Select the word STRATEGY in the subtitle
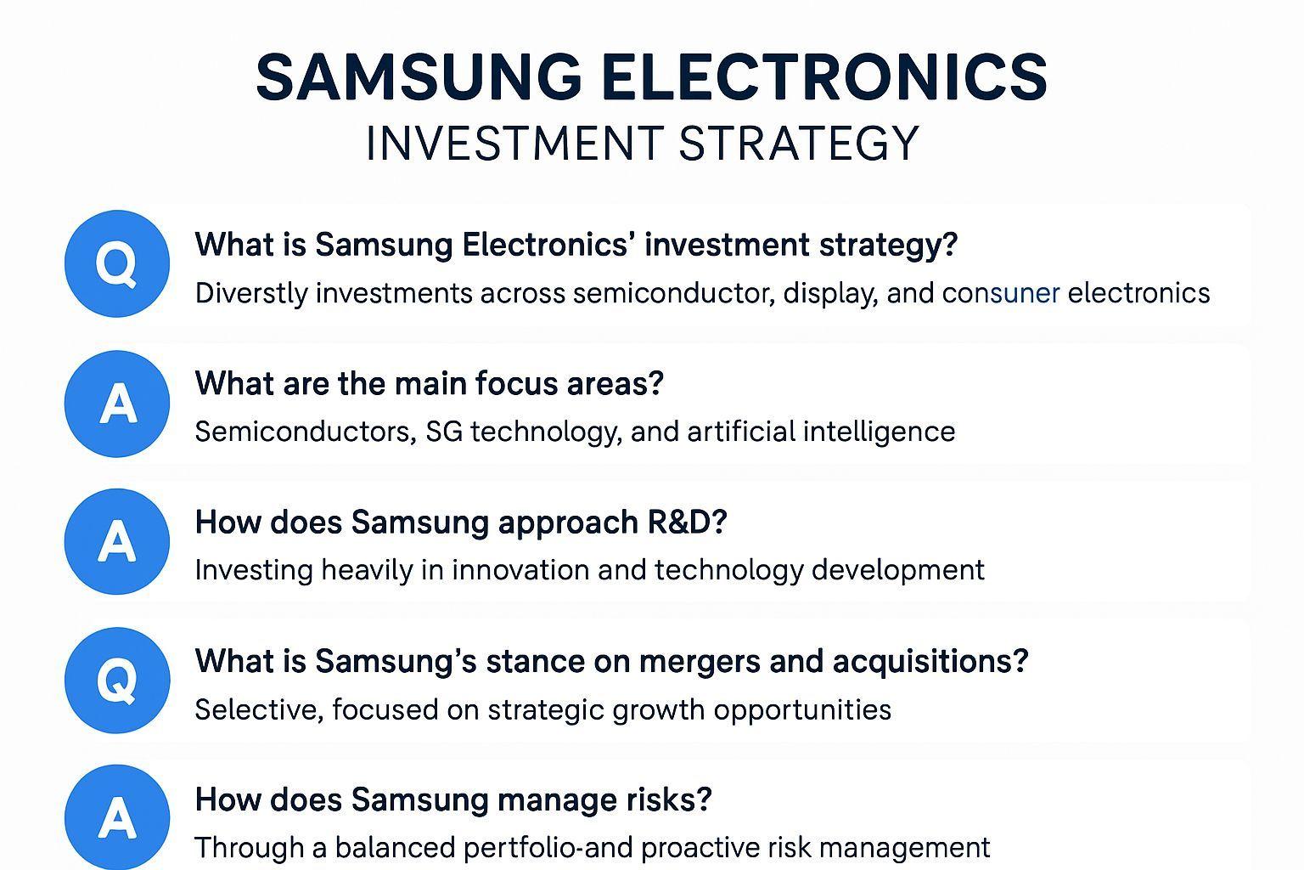799,144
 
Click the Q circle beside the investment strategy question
117,264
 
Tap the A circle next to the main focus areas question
117,404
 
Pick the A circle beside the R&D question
117,541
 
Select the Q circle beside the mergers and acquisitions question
117,680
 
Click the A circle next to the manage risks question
117,817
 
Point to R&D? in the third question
688,522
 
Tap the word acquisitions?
930,661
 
